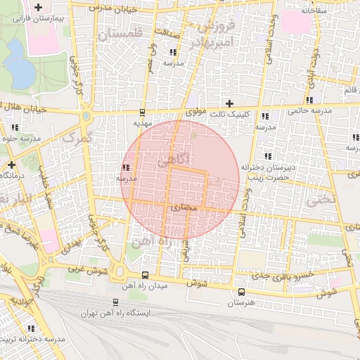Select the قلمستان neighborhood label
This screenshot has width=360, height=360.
tap(120, 33)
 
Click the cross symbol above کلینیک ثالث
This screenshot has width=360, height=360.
tap(229, 103)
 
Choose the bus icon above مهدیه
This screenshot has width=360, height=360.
tap(143, 112)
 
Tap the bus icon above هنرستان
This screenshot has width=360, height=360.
tap(241, 292)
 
